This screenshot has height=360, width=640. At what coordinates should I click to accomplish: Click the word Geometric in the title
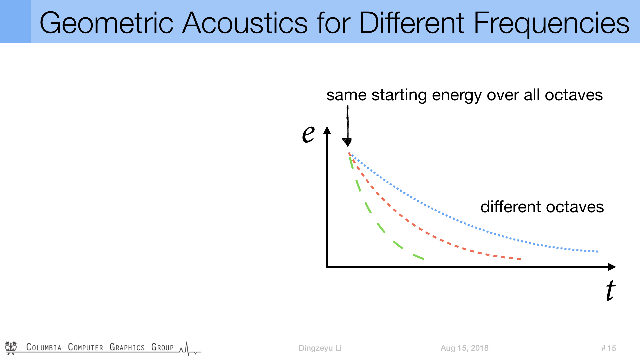[x=106, y=23]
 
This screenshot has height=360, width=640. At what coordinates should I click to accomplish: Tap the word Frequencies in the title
[x=552, y=23]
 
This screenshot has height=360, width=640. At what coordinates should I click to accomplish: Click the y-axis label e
[x=308, y=134]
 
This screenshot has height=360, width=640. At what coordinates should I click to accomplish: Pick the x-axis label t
[x=611, y=290]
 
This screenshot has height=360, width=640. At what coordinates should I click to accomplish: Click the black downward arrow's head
[x=347, y=142]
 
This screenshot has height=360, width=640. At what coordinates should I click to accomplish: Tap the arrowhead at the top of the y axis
[x=327, y=130]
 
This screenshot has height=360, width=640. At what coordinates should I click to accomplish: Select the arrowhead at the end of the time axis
[x=612, y=267]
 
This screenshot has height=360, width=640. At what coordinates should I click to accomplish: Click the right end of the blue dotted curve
[x=598, y=251]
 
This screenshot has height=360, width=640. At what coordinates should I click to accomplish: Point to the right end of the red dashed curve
[x=521, y=259]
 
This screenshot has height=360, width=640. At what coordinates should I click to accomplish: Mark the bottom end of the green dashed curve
[x=423, y=259]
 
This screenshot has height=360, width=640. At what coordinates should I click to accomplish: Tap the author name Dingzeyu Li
[x=320, y=348]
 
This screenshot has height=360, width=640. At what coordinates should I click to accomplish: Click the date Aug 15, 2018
[x=464, y=348]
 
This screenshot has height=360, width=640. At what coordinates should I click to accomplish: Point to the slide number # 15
[x=609, y=348]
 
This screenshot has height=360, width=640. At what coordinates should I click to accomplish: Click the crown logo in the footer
[x=11, y=348]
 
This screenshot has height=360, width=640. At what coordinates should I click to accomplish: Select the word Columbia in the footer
[x=44, y=347]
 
